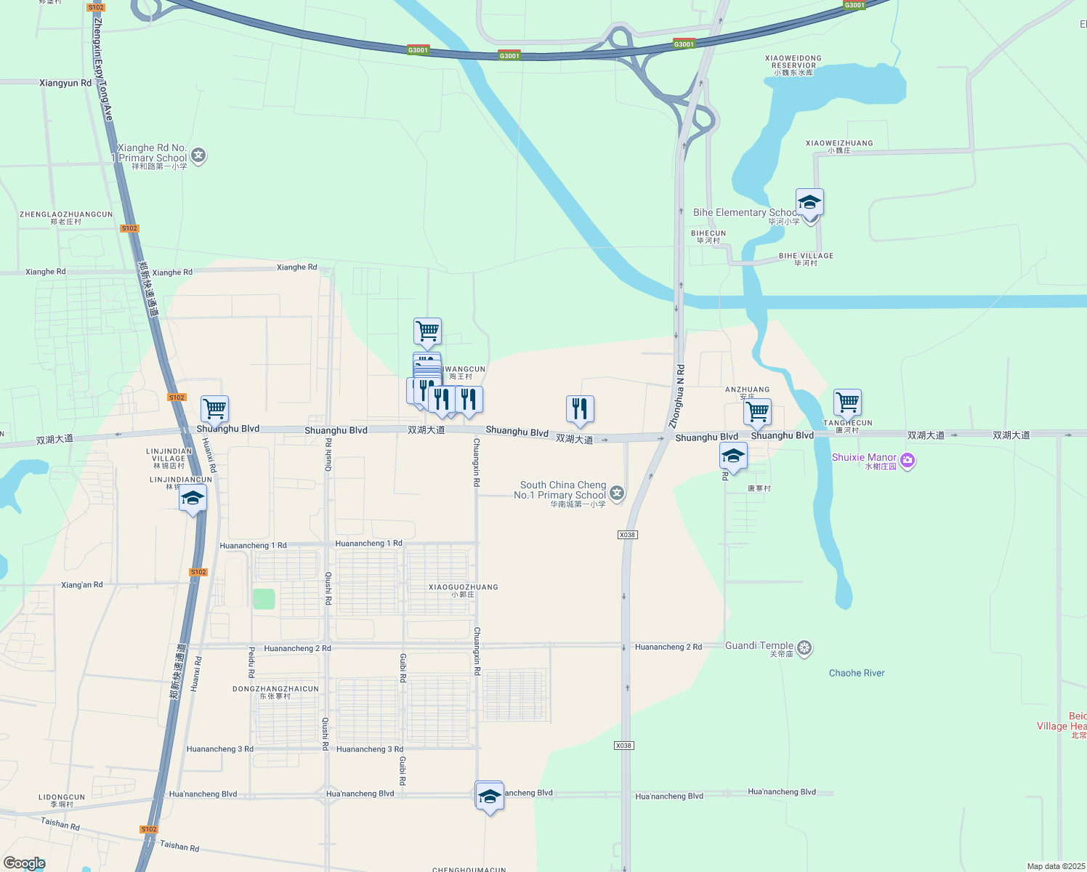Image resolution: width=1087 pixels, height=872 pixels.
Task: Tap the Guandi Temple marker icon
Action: (804, 647)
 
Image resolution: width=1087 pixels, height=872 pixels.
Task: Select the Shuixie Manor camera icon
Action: (907, 460)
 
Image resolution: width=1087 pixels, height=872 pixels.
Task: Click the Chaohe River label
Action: (857, 673)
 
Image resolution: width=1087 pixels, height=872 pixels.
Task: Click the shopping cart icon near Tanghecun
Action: (847, 402)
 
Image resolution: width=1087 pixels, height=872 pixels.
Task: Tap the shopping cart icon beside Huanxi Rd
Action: (214, 408)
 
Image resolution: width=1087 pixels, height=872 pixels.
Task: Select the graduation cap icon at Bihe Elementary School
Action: (809, 202)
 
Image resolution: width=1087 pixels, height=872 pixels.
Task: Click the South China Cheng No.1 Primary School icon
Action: (617, 494)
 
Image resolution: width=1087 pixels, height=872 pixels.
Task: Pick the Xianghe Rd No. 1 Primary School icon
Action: (198, 156)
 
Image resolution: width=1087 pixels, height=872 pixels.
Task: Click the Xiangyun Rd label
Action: (65, 83)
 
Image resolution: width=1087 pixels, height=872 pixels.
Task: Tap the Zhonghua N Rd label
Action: (676, 395)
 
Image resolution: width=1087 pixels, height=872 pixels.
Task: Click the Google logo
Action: (25, 863)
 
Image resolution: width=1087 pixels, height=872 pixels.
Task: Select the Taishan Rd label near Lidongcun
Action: (60, 823)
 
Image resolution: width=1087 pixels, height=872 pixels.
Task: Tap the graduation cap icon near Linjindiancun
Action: (193, 498)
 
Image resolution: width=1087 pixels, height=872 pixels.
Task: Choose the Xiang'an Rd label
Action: (82, 585)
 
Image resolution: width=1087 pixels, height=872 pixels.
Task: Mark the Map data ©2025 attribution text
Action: (1055, 866)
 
